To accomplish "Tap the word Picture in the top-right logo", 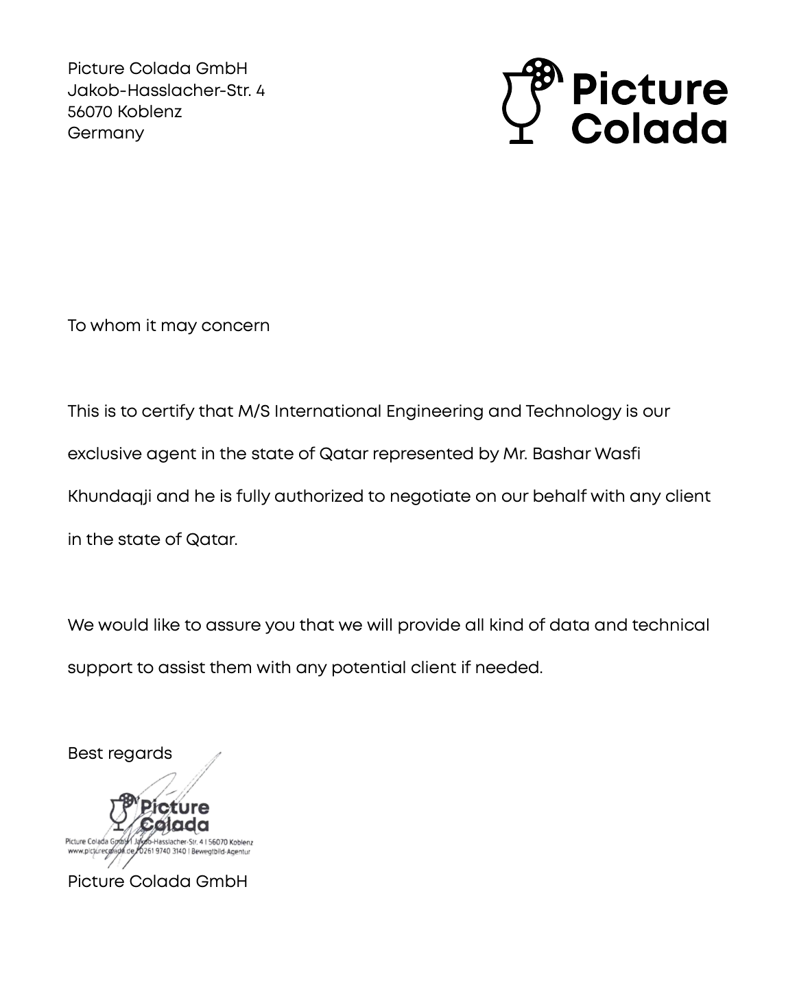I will tap(649, 88).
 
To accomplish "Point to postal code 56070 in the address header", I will tap(90, 112).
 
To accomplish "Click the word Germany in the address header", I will tap(106, 133).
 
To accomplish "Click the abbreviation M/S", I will tap(253, 411).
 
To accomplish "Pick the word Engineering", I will tap(434, 411).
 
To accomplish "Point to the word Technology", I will tap(573, 411).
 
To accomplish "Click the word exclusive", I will tap(104, 454).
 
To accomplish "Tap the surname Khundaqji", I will tap(108, 497).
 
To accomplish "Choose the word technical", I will tap(671, 625).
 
